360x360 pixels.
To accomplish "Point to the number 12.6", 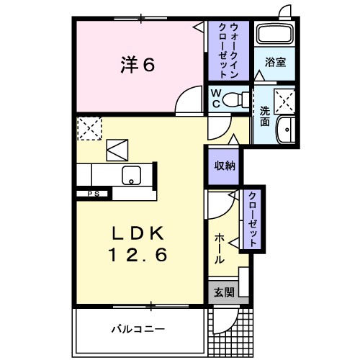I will pos(139,254).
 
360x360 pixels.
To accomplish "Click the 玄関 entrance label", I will pos(223,292).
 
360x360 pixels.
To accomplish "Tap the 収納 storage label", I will pos(223,166).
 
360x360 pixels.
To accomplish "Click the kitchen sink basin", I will pos(132,174).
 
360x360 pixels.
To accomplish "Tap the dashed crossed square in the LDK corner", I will pos(90,128).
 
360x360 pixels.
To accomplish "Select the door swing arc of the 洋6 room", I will pos(189,99).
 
